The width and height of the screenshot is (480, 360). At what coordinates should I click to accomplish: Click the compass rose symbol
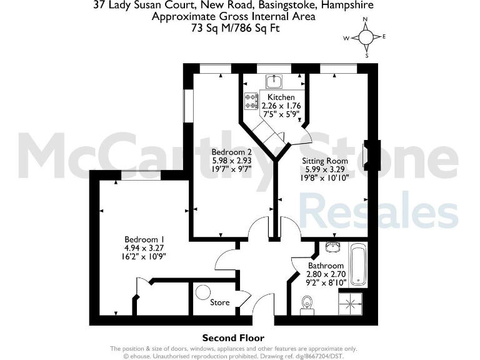(366, 37)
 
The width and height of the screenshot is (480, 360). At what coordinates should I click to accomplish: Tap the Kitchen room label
(281, 97)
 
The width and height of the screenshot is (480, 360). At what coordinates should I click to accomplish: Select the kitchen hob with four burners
(252, 101)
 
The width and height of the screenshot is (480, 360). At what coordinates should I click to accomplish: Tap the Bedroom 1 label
(144, 239)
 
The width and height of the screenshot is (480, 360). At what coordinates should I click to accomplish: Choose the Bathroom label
(326, 266)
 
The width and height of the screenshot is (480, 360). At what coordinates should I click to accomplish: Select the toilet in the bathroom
(306, 303)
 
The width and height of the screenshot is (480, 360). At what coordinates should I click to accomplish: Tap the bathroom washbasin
(331, 249)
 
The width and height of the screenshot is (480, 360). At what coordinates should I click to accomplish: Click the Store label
(219, 302)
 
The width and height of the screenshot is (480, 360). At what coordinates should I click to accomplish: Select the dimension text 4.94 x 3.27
(144, 248)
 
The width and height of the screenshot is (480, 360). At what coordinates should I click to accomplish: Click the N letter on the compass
(366, 20)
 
